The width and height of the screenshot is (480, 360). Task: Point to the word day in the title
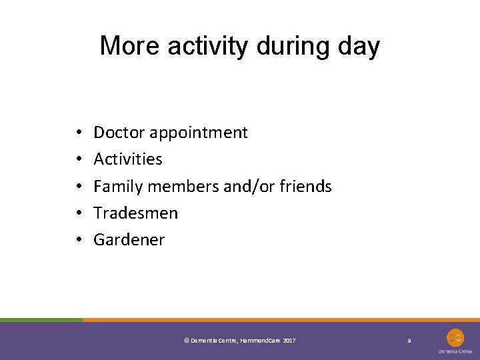pos(359,47)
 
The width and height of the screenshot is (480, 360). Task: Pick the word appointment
pos(199,133)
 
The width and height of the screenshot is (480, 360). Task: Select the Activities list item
pos(128,159)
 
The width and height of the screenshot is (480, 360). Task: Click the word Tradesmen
pos(136,213)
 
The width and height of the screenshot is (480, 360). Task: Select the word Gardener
pos(129,240)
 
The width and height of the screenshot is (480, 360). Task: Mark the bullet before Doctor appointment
pos(79,133)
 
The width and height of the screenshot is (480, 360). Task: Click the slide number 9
pos(409,341)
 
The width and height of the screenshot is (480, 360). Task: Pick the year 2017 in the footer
pos(289,341)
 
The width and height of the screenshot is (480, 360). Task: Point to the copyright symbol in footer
pos(185,341)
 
